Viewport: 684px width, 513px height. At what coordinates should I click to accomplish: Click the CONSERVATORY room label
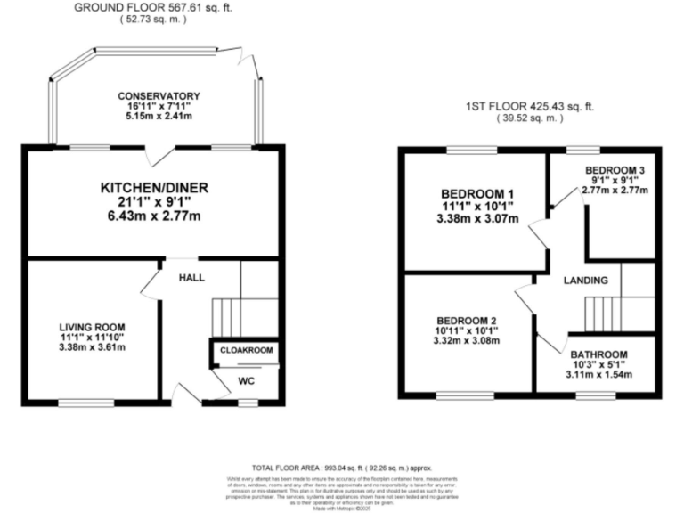point(157,96)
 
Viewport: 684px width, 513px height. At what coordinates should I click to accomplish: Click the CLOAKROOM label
point(246,351)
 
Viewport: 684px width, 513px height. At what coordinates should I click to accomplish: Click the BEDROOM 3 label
point(615,170)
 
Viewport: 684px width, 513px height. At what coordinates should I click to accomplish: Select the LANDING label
point(586,281)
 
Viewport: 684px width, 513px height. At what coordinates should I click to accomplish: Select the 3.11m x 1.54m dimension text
point(601,375)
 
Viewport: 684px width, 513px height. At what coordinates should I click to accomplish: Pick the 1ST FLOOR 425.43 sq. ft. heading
point(529,107)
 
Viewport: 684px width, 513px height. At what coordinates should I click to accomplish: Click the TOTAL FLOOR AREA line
point(342,467)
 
